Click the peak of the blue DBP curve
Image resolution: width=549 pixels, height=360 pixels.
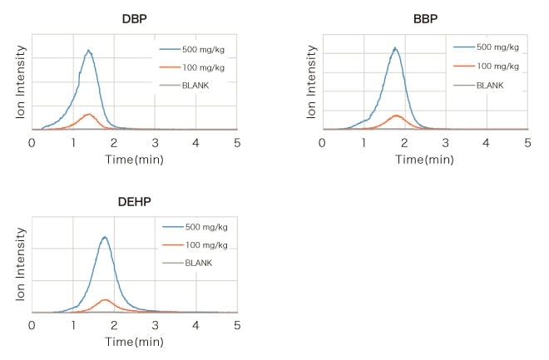pos(88,51)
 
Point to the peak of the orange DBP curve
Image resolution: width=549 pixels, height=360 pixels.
pos(88,114)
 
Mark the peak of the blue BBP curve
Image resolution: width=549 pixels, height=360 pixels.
pos(395,48)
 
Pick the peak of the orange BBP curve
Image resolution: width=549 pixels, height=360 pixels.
pos(396,116)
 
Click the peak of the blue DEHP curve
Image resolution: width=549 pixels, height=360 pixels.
pos(105,237)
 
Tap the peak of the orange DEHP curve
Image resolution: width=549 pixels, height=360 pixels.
pos(105,299)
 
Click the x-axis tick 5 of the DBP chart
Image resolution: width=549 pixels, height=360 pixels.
pos(237,142)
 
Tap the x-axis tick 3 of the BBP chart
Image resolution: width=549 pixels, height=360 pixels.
pos(445,142)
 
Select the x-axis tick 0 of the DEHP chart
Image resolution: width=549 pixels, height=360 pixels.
pos(32,326)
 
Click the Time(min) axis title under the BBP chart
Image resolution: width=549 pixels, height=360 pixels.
pos(424,158)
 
